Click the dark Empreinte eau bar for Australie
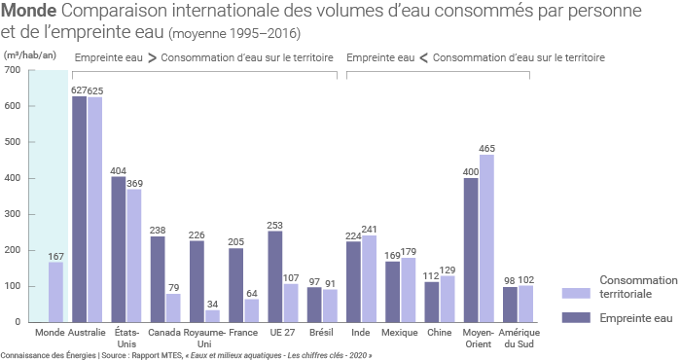coord(79,209)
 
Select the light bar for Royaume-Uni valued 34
coord(212,315)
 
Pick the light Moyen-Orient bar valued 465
coord(486,238)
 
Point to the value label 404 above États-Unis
coord(118,169)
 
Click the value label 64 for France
coord(252,292)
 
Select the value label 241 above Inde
coord(370,229)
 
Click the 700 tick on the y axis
coord(12,70)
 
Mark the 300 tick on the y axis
coord(12,214)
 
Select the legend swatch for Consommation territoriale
coord(577,293)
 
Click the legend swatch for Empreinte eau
coord(577,317)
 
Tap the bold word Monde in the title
coord(29,12)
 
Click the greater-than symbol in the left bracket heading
coord(152,57)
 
